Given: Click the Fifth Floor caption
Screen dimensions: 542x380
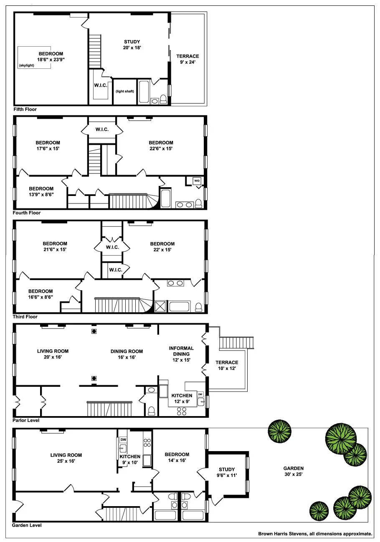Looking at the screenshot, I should (25, 110).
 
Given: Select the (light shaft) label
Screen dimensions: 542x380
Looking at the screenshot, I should (125, 91).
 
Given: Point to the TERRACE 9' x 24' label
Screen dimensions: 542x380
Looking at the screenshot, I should (187, 59).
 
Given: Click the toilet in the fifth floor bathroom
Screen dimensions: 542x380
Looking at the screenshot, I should (163, 99).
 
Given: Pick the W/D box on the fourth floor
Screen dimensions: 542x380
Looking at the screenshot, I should (197, 181).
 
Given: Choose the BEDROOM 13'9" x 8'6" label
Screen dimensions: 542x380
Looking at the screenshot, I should (41, 191).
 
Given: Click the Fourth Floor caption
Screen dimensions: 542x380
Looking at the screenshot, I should (27, 213).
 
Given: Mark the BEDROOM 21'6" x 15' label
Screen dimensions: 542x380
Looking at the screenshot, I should (55, 246).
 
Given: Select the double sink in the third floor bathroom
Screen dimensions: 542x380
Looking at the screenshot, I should (175, 284).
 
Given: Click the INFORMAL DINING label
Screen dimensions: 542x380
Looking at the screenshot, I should (181, 354).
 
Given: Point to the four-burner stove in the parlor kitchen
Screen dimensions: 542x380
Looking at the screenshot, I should (182, 412).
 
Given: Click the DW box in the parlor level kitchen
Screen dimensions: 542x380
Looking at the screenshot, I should (200, 394).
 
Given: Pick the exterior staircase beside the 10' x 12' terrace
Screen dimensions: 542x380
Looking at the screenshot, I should (236, 343).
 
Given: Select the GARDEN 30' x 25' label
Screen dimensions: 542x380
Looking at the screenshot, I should (293, 471).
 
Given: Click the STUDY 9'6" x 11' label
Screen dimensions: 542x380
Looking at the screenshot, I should (226, 472).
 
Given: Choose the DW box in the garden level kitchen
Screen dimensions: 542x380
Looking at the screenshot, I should (123, 440).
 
